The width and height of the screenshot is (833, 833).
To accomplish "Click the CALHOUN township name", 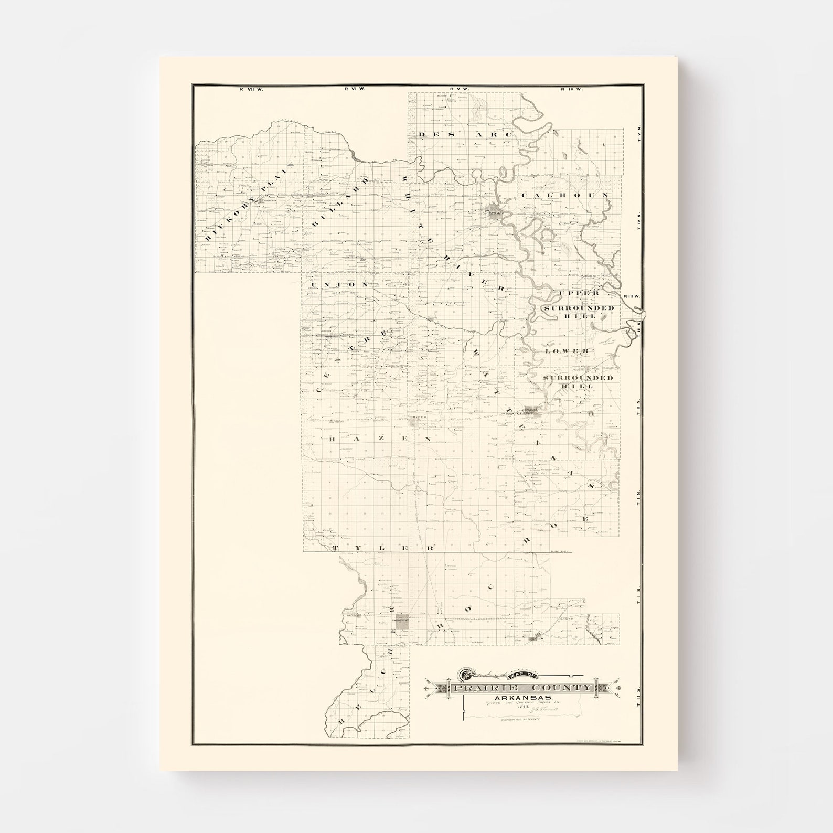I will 564,195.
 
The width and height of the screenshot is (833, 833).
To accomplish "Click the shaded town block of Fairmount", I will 403,622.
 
